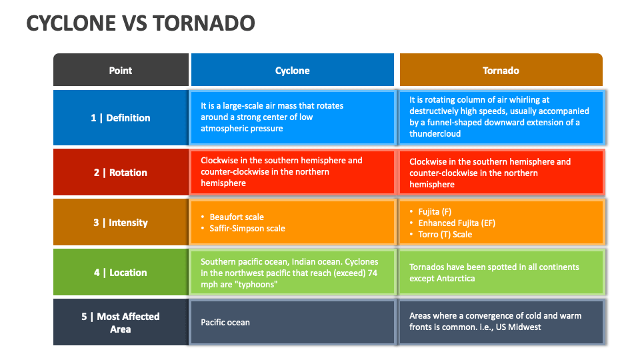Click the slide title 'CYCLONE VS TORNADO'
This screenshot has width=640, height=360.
[x=141, y=23]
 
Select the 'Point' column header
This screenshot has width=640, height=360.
[x=121, y=70]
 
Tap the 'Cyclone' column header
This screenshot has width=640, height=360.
[x=292, y=70]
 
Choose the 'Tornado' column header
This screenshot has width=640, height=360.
[x=501, y=70]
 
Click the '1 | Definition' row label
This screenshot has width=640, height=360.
[x=121, y=118]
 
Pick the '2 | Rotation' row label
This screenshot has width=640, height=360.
[x=121, y=173]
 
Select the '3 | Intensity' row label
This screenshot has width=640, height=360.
[x=121, y=223]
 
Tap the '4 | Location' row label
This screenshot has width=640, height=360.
[x=121, y=273]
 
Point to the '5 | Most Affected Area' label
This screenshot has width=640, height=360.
[x=121, y=323]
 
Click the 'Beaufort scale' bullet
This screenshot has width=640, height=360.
[x=237, y=217]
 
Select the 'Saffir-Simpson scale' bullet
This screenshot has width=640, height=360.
[x=247, y=228]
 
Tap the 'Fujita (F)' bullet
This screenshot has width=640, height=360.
[x=435, y=211]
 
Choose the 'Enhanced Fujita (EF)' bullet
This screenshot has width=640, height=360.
[x=457, y=223]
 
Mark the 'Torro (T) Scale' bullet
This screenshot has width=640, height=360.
[x=445, y=234]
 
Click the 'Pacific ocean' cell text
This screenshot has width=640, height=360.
[x=225, y=322]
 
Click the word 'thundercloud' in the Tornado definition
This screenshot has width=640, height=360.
[x=435, y=133]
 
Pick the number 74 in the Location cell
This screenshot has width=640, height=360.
[x=373, y=273]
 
